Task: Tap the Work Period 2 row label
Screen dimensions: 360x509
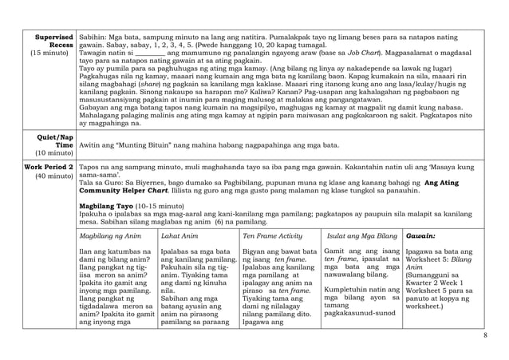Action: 49,167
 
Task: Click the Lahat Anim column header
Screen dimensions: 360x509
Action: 180,236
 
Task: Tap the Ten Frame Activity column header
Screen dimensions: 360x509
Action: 272,236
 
